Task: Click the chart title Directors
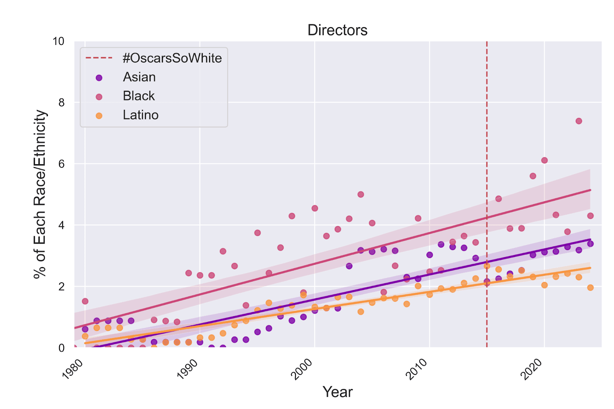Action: (x=337, y=30)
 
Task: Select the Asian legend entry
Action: (x=139, y=77)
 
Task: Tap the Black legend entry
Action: (x=139, y=96)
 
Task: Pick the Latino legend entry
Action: (x=140, y=115)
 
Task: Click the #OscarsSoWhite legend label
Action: (x=172, y=58)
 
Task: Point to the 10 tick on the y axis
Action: (x=58, y=41)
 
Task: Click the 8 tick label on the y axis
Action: (x=61, y=102)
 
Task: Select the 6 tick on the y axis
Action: (x=61, y=164)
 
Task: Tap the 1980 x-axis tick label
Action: (x=73, y=369)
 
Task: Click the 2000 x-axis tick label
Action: (x=302, y=369)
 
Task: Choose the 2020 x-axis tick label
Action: (x=532, y=369)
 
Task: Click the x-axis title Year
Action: (x=337, y=392)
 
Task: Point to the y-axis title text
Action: (x=40, y=194)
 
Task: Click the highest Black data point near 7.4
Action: (x=579, y=121)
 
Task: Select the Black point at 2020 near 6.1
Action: (x=544, y=160)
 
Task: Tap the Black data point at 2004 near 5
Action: (x=361, y=195)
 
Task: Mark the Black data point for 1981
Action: (x=85, y=301)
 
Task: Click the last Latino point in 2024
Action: (x=590, y=288)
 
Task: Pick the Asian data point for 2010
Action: (x=429, y=255)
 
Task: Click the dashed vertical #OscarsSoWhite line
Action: (x=487, y=153)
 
